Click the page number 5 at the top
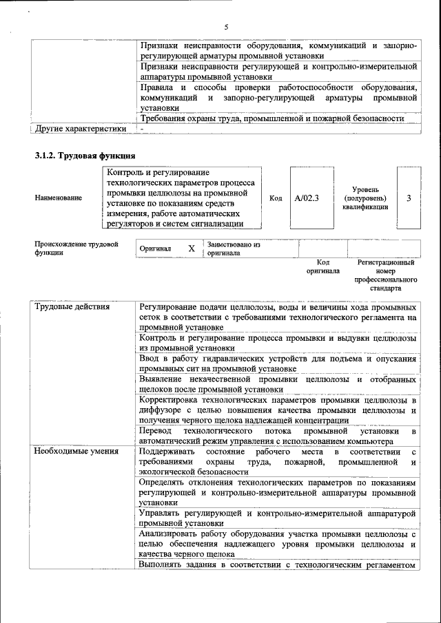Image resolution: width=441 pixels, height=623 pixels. (225, 27)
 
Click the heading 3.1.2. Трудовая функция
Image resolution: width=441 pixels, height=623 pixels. (85, 156)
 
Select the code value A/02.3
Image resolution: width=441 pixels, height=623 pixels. (307, 198)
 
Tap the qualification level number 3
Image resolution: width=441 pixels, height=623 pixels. (409, 198)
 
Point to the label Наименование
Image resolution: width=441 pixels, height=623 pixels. (58, 198)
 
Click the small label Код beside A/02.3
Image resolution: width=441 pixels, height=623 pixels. (276, 198)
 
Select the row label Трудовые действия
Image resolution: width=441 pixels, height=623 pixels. (72, 307)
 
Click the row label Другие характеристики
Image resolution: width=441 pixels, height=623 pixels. (81, 128)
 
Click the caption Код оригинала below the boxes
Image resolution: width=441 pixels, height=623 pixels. (322, 266)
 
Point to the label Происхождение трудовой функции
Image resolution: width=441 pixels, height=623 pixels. (76, 248)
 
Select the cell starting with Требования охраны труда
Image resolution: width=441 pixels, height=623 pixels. (271, 118)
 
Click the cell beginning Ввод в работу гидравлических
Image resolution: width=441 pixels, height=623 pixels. (278, 364)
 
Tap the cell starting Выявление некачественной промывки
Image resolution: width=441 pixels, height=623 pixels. (278, 384)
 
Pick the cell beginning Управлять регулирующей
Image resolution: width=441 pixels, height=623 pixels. (278, 518)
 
